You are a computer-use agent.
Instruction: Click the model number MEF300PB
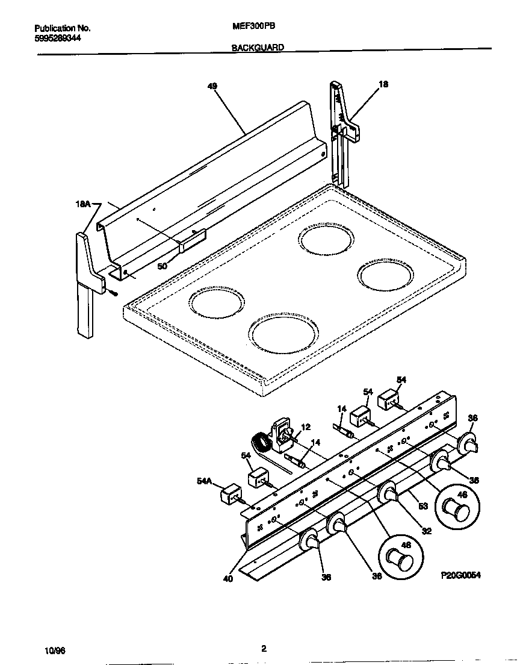coord(250,27)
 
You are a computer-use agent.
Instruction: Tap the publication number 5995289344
coord(58,37)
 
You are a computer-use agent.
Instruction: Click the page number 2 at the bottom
coord(264,649)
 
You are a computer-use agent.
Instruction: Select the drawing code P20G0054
coord(460,575)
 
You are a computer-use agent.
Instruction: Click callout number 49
coord(212,86)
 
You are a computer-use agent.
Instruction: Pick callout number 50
coord(162,265)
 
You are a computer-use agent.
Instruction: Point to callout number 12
coord(306,427)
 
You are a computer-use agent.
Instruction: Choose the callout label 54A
coord(205,480)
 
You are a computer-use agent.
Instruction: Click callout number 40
coord(227,579)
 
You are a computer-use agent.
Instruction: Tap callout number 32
coord(427,531)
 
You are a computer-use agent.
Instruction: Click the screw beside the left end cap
coord(113,292)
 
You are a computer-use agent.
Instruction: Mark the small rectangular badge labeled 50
coord(192,241)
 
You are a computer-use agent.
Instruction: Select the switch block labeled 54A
coord(230,495)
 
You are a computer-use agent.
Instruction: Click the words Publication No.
coord(63,28)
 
